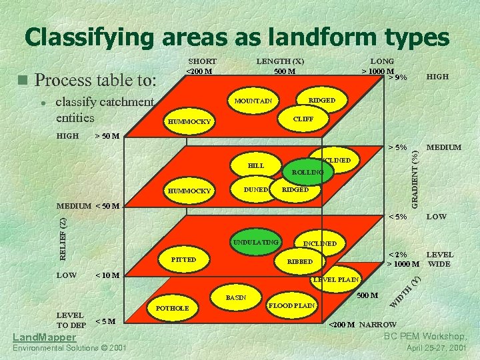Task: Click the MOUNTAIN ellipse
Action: (254, 101)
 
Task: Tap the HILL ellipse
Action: (256, 165)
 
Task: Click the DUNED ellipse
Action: (256, 189)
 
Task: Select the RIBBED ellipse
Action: (299, 262)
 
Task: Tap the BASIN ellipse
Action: (236, 296)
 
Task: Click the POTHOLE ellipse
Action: (172, 308)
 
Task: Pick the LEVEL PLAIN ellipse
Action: (336, 279)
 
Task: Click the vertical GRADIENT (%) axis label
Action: (415, 177)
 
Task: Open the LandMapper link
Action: (44, 337)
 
